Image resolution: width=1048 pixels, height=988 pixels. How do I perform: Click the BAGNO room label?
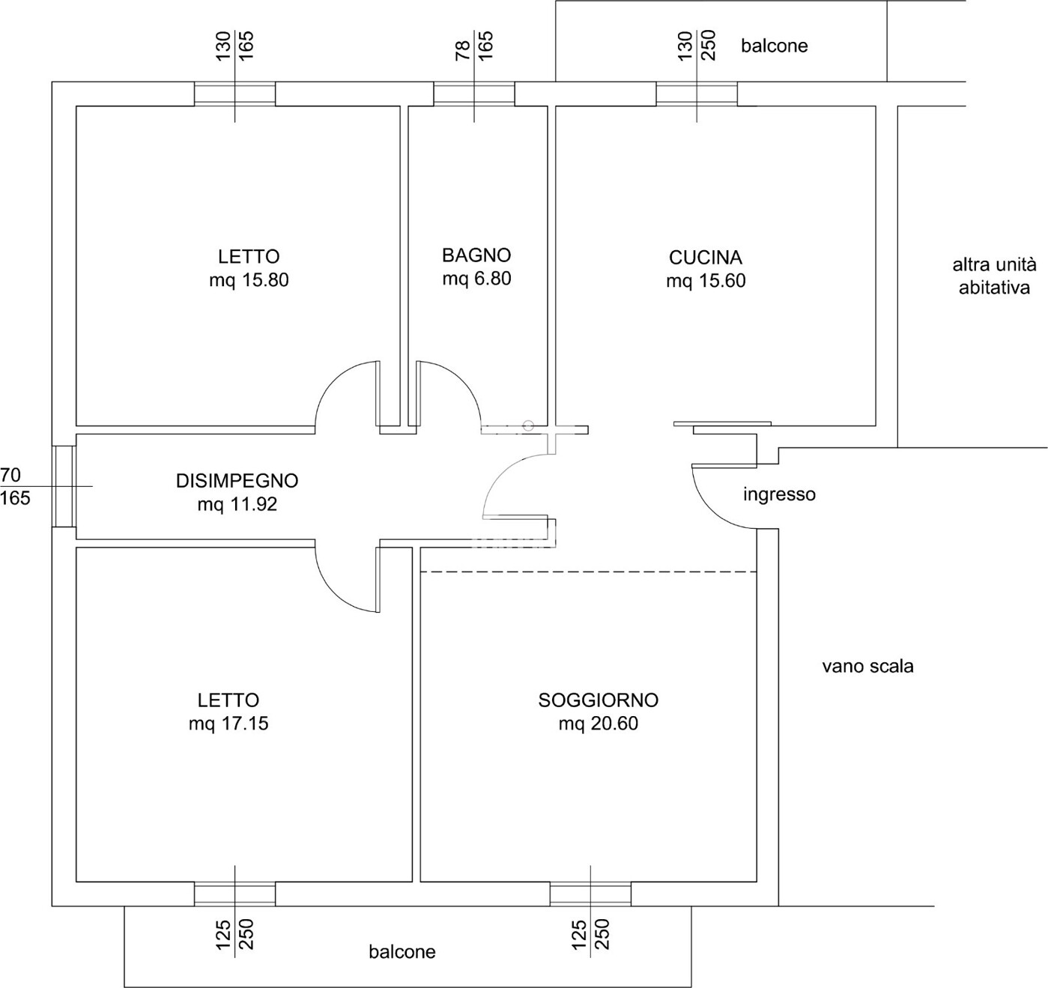point(476,255)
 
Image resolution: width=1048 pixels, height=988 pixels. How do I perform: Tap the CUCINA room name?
point(706,258)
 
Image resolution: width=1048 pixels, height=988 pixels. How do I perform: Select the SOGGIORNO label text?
point(599,700)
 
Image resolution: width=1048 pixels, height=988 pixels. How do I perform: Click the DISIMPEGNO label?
point(237,481)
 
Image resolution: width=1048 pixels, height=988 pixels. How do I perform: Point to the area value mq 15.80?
point(249,279)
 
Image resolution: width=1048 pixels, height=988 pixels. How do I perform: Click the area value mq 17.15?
point(228,723)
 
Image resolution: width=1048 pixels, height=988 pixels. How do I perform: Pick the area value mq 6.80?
point(476,278)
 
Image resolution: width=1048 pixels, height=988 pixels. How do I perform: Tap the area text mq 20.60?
point(599,723)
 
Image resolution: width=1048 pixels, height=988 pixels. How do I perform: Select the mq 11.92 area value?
point(237,504)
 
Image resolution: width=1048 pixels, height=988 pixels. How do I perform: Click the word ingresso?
point(779,494)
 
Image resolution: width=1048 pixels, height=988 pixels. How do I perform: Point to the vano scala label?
point(867,667)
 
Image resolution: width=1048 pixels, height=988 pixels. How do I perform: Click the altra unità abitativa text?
point(994,276)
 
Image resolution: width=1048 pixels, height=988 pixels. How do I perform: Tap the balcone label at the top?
point(774,46)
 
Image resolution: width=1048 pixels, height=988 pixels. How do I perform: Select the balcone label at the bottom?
point(402,952)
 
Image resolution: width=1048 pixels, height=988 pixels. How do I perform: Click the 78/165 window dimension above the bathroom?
point(474,45)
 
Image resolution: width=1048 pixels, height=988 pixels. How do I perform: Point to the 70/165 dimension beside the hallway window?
point(16,486)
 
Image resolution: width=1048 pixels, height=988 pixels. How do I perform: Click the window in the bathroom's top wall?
point(474,94)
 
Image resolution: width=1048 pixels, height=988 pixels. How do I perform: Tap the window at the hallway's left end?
point(64,486)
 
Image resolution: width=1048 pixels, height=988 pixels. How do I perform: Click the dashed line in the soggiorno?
point(588,572)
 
